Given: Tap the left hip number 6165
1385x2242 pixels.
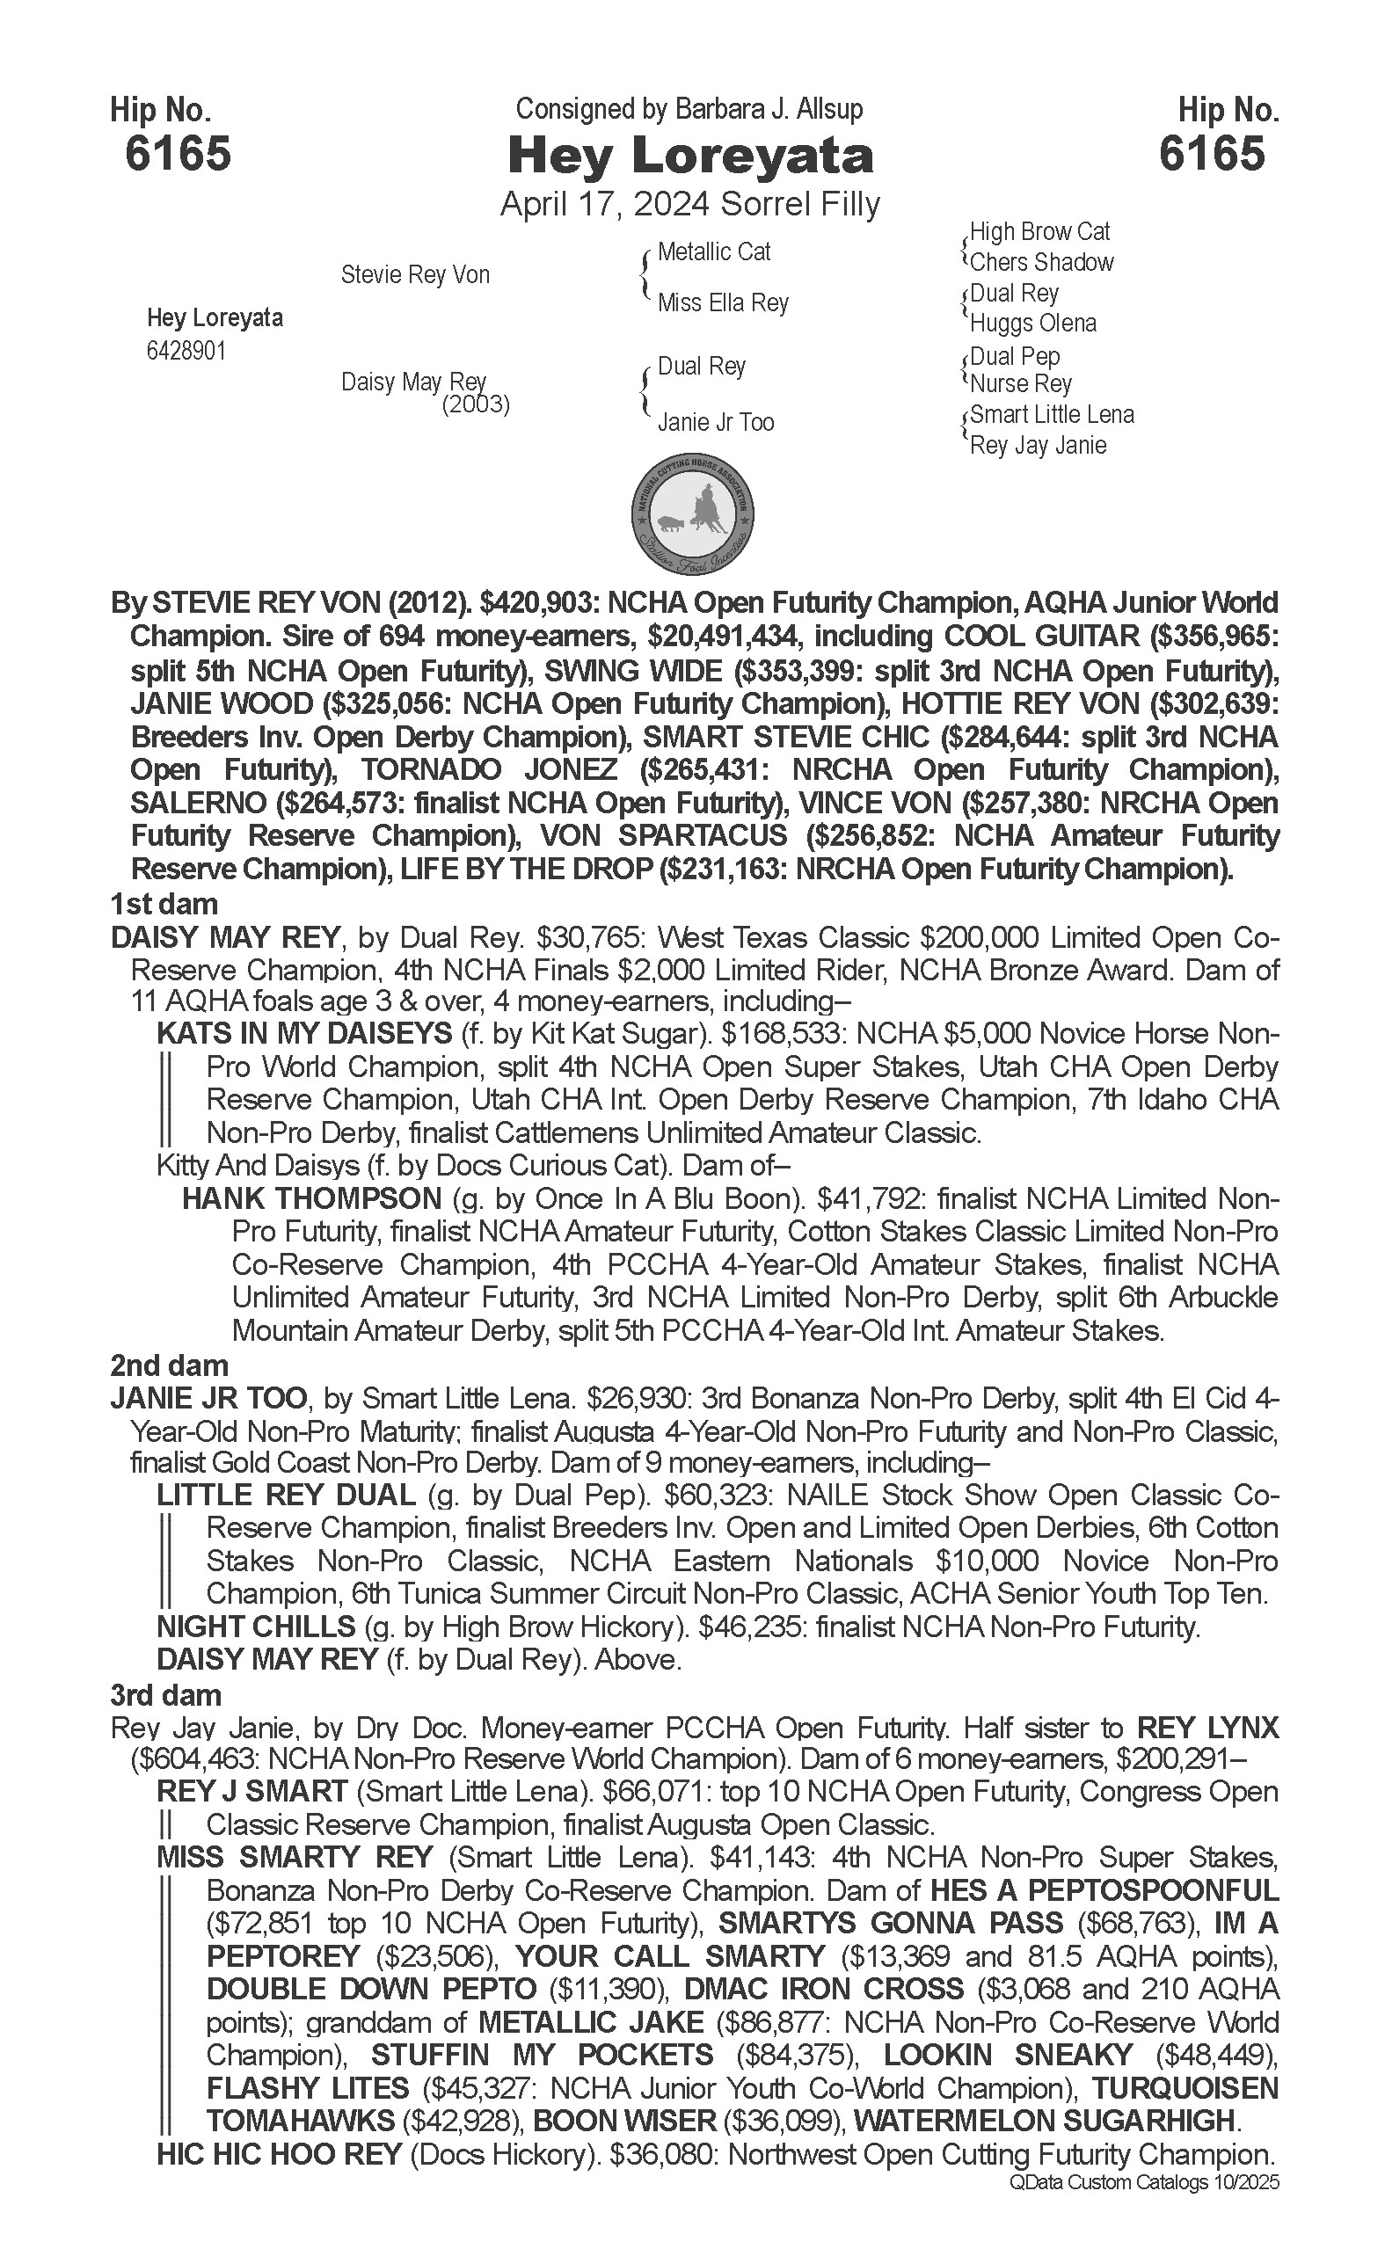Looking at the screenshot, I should click(178, 153).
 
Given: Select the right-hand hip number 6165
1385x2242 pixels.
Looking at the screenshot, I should click(1211, 153).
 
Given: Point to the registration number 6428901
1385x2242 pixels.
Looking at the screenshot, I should click(186, 352).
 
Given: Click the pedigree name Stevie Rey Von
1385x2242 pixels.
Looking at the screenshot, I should click(415, 274).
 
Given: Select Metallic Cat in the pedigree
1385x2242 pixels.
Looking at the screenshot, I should click(713, 251).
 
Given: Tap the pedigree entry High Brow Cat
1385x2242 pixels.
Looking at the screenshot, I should click(1039, 232).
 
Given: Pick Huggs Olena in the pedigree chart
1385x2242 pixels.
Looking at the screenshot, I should click(1032, 324).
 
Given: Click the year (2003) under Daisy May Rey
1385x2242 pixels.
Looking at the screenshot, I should click(476, 404).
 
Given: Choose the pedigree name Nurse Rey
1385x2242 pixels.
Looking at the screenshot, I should click(1020, 383).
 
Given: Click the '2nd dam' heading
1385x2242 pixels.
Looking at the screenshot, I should click(169, 1365).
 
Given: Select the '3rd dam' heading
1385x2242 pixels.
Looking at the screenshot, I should click(166, 1695).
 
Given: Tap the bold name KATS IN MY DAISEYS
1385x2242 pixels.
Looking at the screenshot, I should click(304, 1033).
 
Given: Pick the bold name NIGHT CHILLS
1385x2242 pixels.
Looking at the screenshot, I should click(256, 1627).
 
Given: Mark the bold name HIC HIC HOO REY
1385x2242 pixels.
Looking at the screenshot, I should click(280, 2154).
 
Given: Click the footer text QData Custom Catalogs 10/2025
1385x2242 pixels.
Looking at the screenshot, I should click(1144, 2182).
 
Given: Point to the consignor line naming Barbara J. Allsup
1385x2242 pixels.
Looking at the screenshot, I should click(689, 110).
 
